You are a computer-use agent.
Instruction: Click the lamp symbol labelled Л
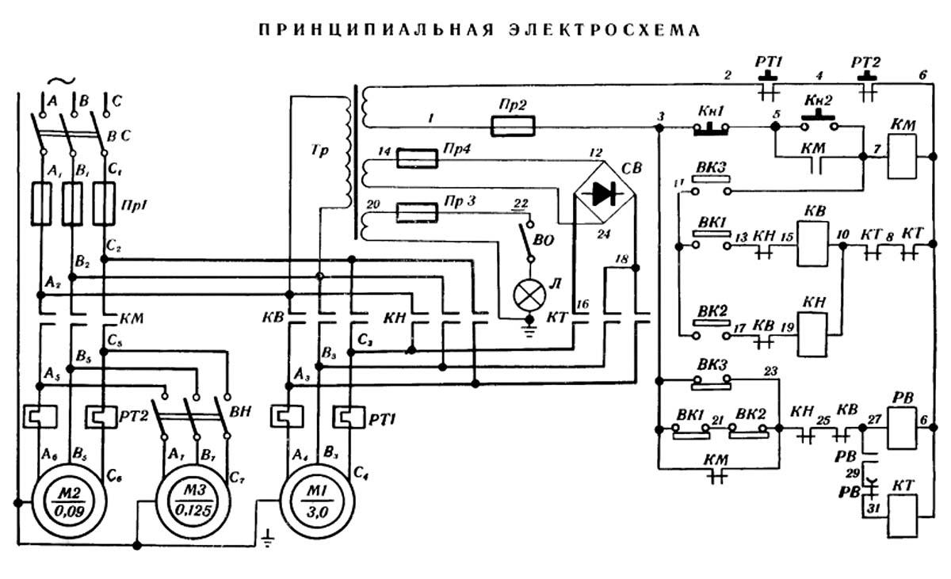tap(526, 295)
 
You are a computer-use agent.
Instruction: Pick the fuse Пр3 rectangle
tap(417, 211)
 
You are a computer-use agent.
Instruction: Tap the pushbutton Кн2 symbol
tap(818, 124)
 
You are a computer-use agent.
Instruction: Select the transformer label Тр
tap(318, 148)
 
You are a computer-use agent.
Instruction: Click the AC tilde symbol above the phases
tap(60, 82)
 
